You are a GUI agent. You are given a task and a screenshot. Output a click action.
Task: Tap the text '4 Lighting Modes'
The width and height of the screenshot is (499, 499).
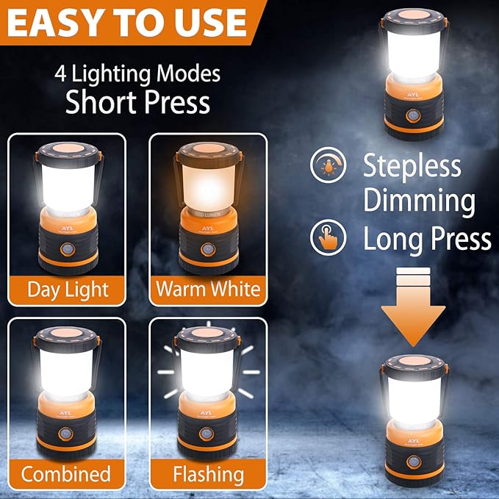[x=137, y=74]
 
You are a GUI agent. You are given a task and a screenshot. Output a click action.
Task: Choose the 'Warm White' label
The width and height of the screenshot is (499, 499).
[x=208, y=289]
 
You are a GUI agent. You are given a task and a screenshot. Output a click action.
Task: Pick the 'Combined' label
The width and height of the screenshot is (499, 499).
[x=65, y=473]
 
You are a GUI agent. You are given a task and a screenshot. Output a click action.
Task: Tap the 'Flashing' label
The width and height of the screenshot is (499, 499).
[x=208, y=473]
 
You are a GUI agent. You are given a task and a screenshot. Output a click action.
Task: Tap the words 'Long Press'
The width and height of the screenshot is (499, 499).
[x=427, y=238]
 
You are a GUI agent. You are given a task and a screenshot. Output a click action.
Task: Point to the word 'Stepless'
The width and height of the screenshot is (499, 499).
[x=412, y=166]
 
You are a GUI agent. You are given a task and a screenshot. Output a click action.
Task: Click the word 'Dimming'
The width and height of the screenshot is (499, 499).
[x=418, y=201]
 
